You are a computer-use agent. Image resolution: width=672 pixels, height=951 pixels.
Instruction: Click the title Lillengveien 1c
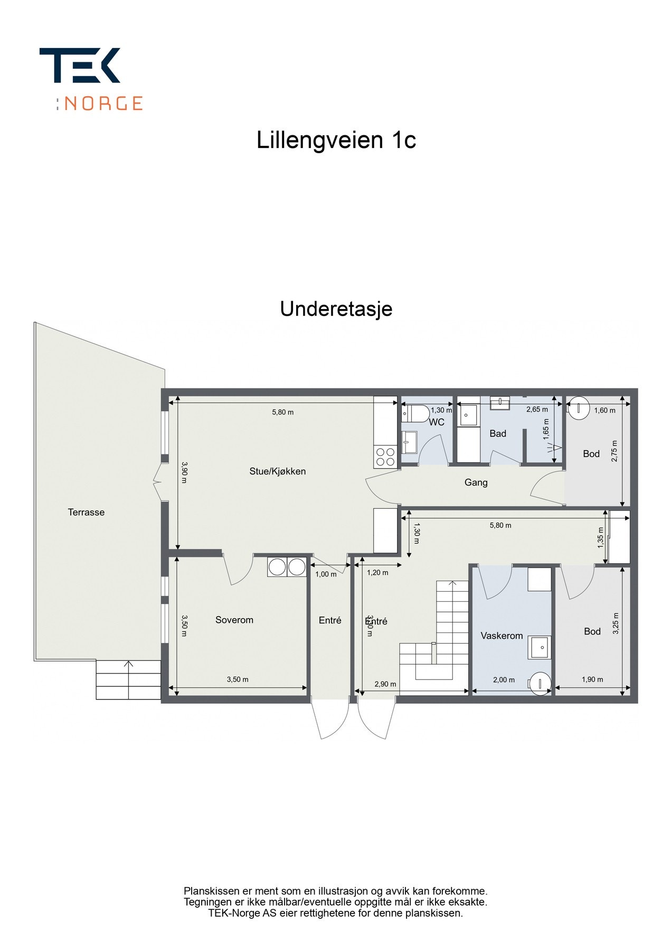tap(336, 140)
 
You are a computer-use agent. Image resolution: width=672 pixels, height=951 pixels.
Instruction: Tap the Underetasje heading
tap(336, 309)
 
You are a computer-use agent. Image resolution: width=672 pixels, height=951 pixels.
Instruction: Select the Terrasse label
tap(86, 512)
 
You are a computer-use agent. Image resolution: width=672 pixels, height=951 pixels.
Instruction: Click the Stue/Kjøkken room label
tap(277, 471)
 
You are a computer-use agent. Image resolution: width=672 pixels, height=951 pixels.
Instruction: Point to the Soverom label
tap(234, 620)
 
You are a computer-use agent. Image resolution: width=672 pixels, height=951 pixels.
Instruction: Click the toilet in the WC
tap(418, 413)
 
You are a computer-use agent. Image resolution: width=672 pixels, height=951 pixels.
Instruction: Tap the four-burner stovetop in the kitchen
tap(385, 456)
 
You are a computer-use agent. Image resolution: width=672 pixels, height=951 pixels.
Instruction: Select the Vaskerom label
tap(501, 636)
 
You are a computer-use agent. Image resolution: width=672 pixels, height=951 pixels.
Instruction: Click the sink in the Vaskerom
tap(541, 647)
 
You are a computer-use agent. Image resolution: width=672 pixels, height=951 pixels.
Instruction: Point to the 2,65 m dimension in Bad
tap(537, 409)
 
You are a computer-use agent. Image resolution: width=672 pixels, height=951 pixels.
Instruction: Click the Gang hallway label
tap(476, 482)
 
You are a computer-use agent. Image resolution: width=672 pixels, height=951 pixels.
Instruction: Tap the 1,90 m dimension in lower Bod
tap(592, 679)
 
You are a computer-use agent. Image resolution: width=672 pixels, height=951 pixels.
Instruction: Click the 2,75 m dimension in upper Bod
tap(614, 451)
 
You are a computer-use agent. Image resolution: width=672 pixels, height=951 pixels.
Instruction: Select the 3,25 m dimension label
tap(616, 623)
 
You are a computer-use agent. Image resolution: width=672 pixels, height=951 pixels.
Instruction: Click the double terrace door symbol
tap(157, 481)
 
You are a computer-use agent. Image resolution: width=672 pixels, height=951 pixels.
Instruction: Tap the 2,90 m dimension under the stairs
tap(385, 684)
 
